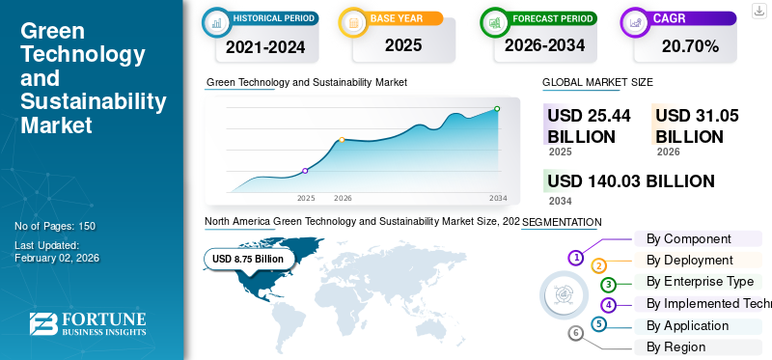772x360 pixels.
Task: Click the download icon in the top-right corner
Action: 757,12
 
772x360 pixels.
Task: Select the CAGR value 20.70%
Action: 690,45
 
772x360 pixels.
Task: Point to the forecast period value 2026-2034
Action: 543,45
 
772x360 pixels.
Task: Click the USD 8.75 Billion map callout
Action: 248,259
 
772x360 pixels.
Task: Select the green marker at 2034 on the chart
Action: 497,109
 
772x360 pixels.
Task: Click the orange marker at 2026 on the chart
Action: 342,140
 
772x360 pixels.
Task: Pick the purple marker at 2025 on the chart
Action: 306,171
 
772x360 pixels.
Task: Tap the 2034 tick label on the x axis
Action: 498,198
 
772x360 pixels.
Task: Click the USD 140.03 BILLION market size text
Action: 630,180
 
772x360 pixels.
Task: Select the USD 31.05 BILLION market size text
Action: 697,125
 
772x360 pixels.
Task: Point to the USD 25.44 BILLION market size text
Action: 589,125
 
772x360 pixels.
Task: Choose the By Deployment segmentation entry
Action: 689,260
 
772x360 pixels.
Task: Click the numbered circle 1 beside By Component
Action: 575,258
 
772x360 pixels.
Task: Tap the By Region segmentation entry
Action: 675,346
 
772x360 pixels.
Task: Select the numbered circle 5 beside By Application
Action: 599,324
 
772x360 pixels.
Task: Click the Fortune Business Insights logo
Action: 88,324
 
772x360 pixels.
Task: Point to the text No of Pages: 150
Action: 55,226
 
